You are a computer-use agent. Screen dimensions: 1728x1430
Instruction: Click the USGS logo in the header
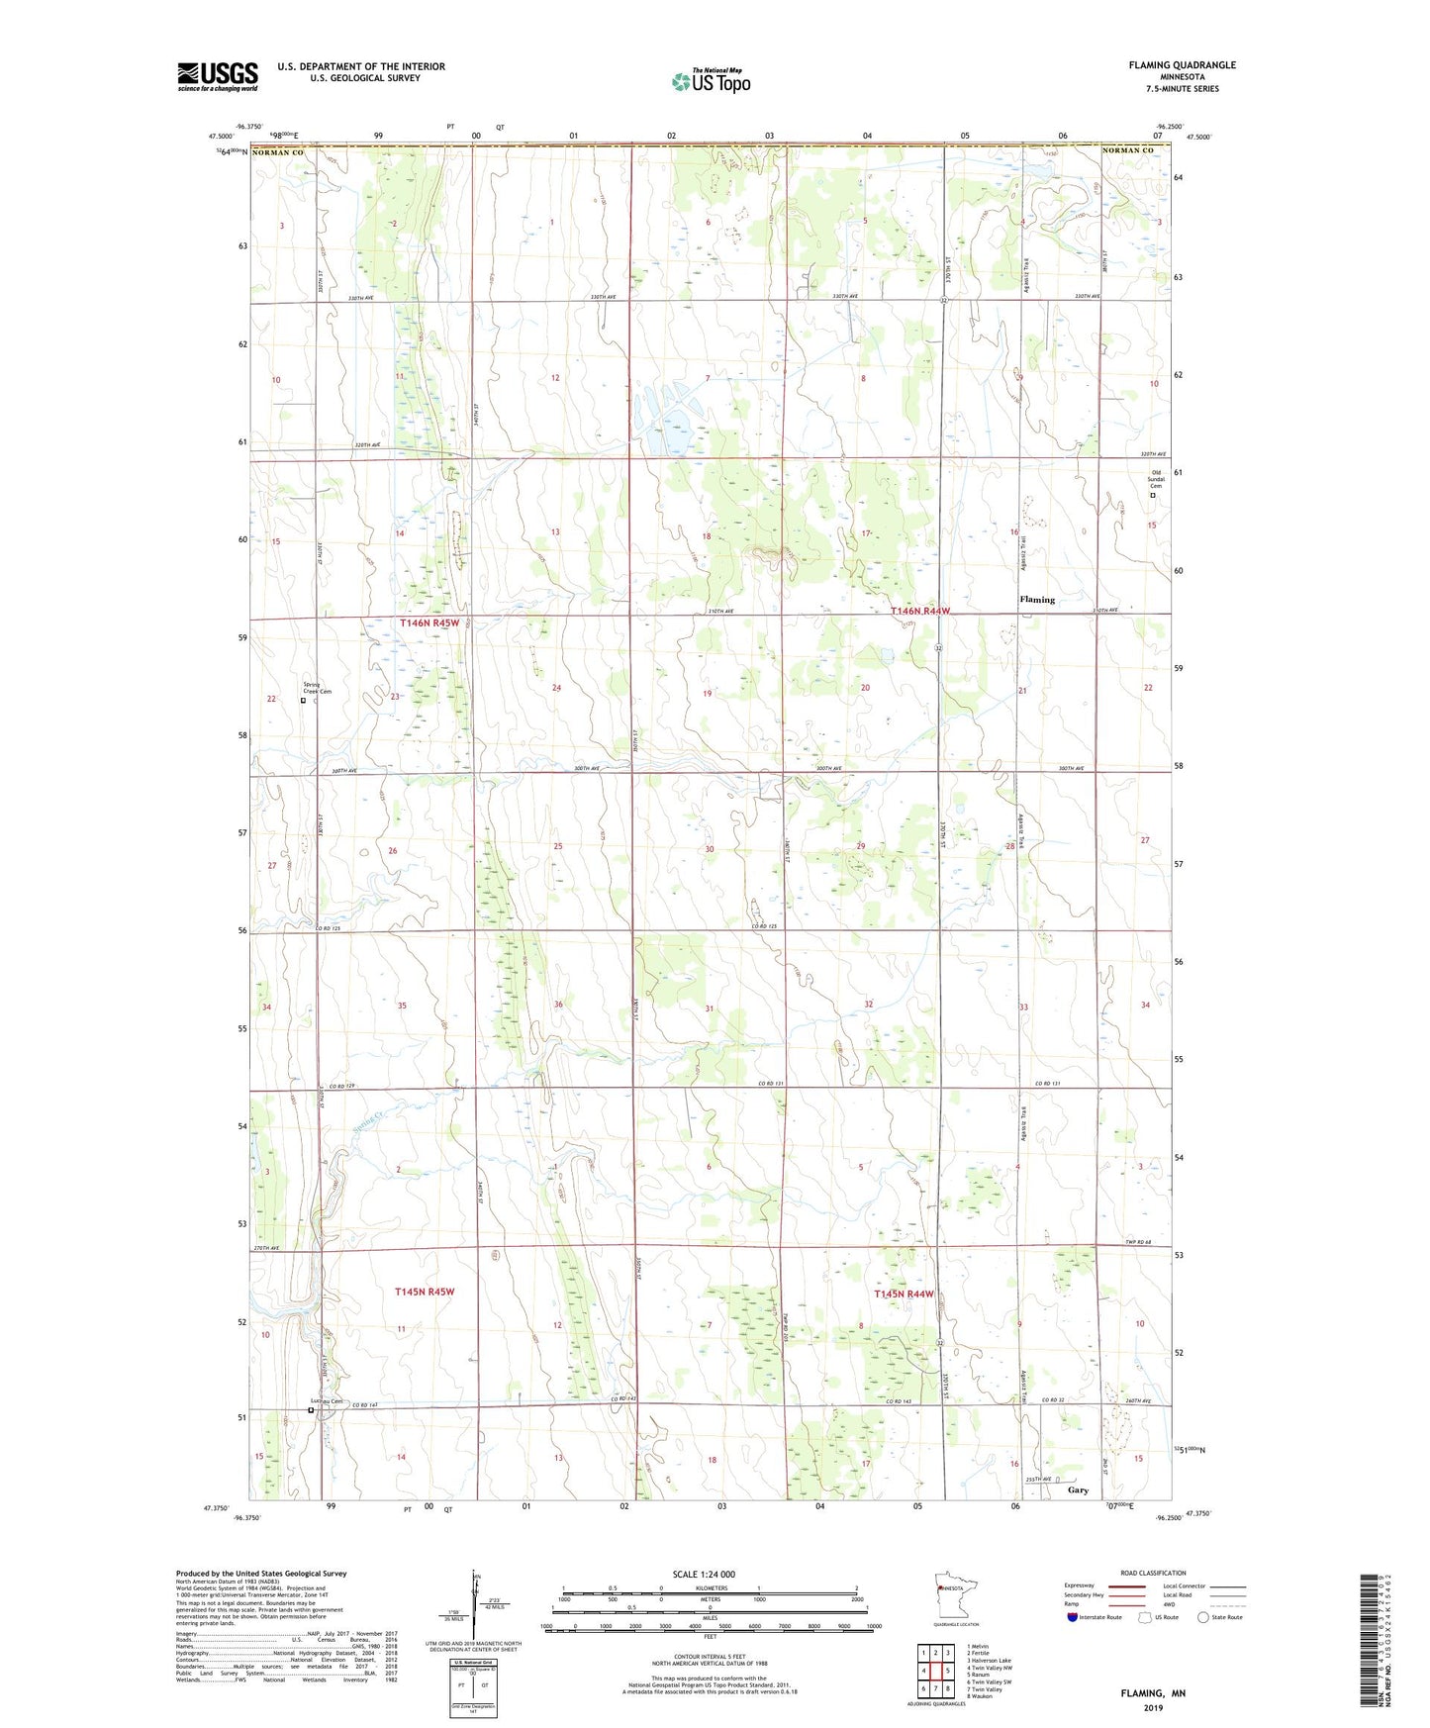click(x=218, y=76)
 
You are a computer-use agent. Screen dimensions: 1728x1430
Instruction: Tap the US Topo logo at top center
click(x=711, y=81)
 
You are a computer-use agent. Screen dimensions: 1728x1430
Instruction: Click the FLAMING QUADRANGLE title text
click(x=1182, y=65)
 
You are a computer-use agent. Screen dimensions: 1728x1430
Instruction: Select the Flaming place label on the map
click(x=1037, y=600)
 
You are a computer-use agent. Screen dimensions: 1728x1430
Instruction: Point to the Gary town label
click(x=1078, y=1489)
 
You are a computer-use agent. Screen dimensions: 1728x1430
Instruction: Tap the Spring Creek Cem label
click(x=317, y=688)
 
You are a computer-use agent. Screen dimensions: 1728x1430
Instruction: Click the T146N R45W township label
click(x=429, y=624)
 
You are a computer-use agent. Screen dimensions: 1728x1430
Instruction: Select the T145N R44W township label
click(x=904, y=1294)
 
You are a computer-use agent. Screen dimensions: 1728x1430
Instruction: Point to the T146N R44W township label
click(x=919, y=612)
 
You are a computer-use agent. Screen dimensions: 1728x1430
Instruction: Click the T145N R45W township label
click(x=424, y=1292)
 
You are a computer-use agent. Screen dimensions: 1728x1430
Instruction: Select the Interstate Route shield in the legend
click(x=1073, y=1617)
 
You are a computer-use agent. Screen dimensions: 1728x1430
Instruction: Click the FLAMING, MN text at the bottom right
click(x=1152, y=1693)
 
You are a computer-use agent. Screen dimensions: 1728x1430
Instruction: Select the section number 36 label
click(x=558, y=1005)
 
